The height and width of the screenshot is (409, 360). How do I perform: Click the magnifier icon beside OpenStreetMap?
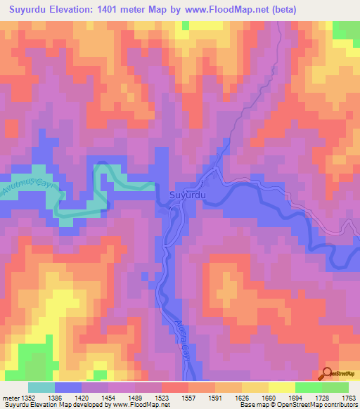pos(329,375)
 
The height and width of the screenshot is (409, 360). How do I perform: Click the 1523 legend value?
pos(162,398)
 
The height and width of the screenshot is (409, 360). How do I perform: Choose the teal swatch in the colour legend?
pos(41,387)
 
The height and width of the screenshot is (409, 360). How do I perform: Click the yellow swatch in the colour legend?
pos(281,387)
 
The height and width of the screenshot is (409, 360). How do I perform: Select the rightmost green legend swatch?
pos(335,387)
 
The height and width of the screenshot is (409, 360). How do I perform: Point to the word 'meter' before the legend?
pos(11,398)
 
